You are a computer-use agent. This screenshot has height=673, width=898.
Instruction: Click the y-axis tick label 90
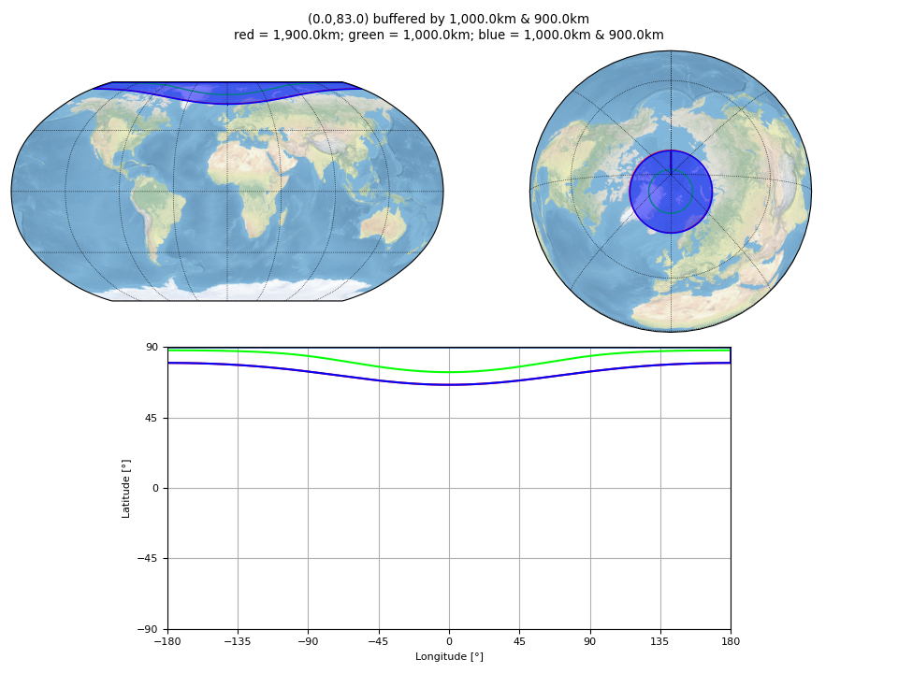pos(152,347)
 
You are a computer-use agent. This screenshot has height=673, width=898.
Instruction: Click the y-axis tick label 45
pos(152,418)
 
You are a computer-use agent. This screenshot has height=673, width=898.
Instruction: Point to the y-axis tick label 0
pos(155,488)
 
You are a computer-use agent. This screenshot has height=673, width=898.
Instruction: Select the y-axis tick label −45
pos(147,559)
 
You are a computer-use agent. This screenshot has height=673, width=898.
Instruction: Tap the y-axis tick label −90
pos(147,629)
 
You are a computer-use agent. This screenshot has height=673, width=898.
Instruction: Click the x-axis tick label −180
pos(167,641)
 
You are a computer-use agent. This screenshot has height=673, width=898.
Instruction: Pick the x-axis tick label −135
pos(237,641)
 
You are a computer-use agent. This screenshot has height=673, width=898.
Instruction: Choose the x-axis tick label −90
pos(308,641)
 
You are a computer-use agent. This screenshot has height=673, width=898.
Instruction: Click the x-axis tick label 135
pos(659,641)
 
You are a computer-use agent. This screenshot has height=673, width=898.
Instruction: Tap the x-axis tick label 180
pos(731,641)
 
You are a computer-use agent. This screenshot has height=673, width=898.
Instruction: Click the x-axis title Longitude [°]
pos(449,656)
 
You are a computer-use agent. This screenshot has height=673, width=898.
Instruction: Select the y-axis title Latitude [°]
pos(126,489)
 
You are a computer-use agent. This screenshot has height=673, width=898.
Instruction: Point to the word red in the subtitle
pos(243,35)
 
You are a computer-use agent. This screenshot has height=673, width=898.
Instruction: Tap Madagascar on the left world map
pos(282,217)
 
